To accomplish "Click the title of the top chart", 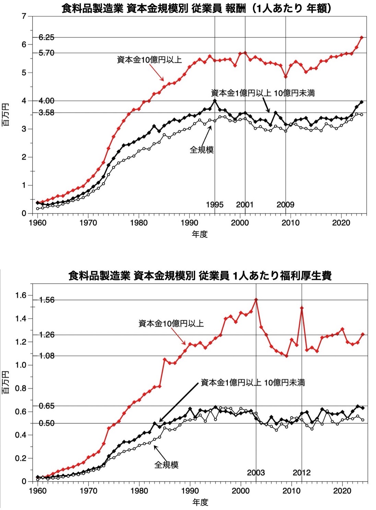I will tap(197, 8).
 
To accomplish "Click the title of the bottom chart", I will tap(200, 275).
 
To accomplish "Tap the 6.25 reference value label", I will tap(46, 37).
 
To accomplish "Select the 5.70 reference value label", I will tap(46, 53).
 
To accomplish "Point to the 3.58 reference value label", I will tap(46, 112).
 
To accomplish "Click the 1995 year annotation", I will tap(214, 205).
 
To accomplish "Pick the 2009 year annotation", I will tap(285, 205).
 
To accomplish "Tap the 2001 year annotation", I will tap(245, 205).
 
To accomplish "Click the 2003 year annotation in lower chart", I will tap(256, 473).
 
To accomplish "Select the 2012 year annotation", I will tap(302, 473).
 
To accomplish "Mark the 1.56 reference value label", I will tap(47, 300).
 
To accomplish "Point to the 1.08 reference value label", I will tap(47, 356).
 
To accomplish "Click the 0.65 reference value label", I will tap(47, 406).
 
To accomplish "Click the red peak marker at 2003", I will tap(256, 300).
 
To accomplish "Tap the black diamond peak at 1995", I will tap(215, 101).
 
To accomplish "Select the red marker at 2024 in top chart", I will tap(362, 37).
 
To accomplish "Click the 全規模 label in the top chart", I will tap(202, 150).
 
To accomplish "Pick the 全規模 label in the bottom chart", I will tap(166, 465).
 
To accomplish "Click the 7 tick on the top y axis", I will tap(24, 16).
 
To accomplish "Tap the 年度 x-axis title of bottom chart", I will tap(200, 502).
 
